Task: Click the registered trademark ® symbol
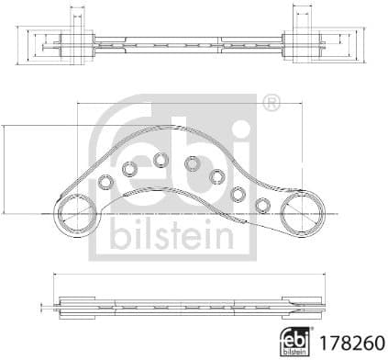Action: tap(272, 104)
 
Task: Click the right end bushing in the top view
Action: tap(301, 40)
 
